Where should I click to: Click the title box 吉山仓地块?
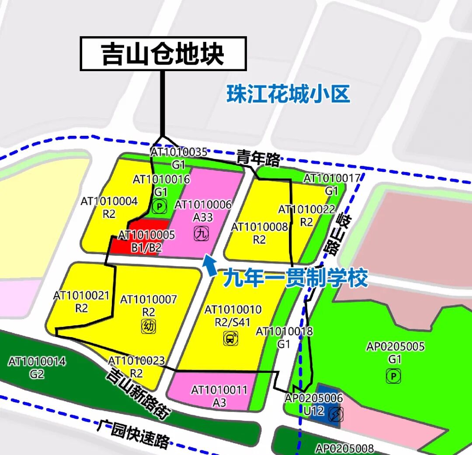163,54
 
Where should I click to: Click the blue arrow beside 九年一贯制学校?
210,265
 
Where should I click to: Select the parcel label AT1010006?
203,205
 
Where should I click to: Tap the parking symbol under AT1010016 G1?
160,206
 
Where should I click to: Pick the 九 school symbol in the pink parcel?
201,234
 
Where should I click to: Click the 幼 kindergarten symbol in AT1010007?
148,326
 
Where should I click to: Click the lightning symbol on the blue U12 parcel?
336,414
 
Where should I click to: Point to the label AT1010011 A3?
219,396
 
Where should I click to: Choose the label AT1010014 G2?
37,368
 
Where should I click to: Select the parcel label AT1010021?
81,295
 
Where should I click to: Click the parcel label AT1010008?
260,227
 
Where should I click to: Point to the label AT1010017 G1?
332,184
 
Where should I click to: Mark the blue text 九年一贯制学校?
295,278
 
